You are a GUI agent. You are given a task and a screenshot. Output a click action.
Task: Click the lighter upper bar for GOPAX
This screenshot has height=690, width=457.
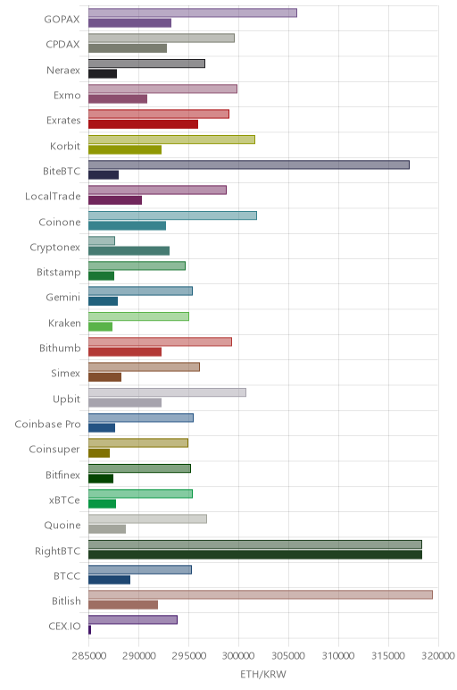193,13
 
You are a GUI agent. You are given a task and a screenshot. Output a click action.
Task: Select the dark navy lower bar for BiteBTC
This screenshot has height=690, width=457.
104,174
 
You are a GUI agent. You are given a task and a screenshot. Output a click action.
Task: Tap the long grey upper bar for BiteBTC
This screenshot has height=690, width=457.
249,164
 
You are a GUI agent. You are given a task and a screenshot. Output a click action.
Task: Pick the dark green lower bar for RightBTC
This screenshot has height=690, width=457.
255,554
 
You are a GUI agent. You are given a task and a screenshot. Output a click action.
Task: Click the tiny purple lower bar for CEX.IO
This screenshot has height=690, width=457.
89,630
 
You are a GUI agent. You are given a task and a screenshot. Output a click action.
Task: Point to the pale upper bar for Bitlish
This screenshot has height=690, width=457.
260,594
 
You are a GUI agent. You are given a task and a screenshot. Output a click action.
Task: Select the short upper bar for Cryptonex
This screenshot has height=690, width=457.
102,240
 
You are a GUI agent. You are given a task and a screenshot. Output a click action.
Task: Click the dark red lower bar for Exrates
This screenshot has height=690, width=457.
143,124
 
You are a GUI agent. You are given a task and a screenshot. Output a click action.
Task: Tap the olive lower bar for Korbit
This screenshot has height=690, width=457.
125,149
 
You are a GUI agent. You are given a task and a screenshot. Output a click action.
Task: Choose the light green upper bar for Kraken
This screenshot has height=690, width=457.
138,316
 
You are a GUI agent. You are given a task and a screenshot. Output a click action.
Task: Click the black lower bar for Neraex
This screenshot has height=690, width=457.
103,73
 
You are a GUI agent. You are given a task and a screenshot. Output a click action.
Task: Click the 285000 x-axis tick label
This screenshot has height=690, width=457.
88,656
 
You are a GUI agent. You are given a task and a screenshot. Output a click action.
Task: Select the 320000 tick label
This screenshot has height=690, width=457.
438,656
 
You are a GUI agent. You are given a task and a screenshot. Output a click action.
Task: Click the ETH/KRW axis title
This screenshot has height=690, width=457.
263,674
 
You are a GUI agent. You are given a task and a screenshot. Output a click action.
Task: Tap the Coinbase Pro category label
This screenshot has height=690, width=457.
47,424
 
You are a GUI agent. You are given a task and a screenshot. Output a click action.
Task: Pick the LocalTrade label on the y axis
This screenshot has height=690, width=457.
53,197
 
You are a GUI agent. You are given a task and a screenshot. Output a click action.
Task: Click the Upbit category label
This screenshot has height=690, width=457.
66,400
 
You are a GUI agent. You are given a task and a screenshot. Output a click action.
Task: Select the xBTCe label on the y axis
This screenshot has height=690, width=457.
64,500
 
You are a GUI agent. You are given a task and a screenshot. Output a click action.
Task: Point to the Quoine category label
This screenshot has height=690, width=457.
62,525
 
